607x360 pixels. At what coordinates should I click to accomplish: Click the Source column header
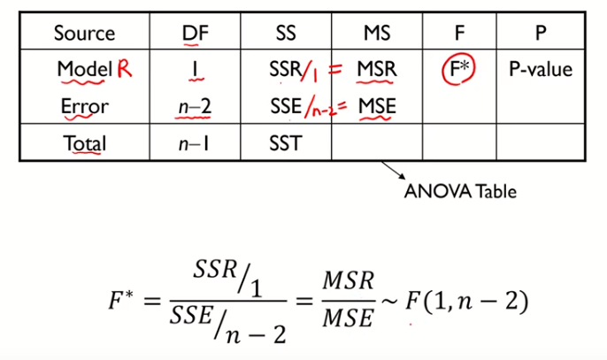(84, 34)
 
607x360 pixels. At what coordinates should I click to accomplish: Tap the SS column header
(285, 34)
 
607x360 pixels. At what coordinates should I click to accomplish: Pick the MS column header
(377, 34)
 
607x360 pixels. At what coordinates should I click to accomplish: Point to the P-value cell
(540, 69)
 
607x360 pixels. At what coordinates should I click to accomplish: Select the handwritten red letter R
(124, 69)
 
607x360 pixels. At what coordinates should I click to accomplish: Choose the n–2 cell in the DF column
(193, 107)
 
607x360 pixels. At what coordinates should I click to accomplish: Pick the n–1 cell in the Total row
(193, 143)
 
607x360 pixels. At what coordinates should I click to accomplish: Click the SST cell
(285, 143)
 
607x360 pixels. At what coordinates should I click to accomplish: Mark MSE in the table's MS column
(377, 107)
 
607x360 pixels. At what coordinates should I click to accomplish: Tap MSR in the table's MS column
(377, 69)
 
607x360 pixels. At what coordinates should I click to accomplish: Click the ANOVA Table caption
(459, 190)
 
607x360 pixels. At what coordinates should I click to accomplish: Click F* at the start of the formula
(122, 303)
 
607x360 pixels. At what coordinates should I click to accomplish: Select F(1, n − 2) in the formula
(466, 303)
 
